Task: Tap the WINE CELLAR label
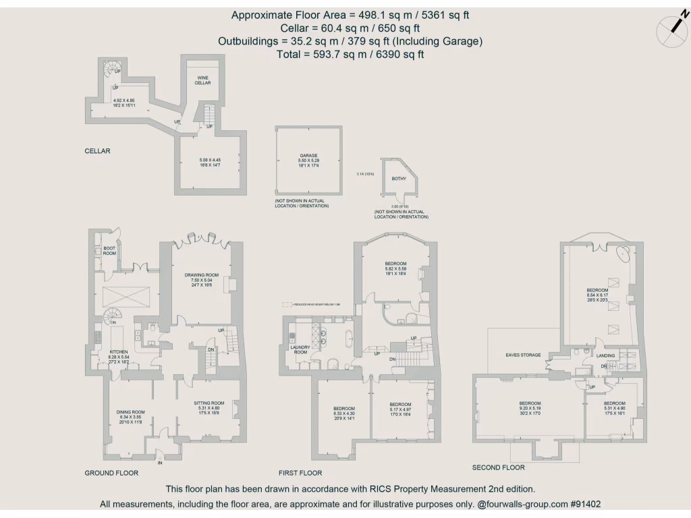(203, 80)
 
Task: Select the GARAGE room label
(308, 155)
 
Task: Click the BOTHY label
(399, 179)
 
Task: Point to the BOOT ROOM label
(109, 250)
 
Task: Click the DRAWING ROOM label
(202, 275)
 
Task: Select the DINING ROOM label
(130, 412)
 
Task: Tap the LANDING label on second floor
(605, 355)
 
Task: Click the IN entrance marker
(160, 463)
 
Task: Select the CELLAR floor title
(97, 151)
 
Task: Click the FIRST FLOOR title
(300, 473)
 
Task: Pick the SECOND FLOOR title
(498, 467)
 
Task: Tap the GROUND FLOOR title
(111, 473)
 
